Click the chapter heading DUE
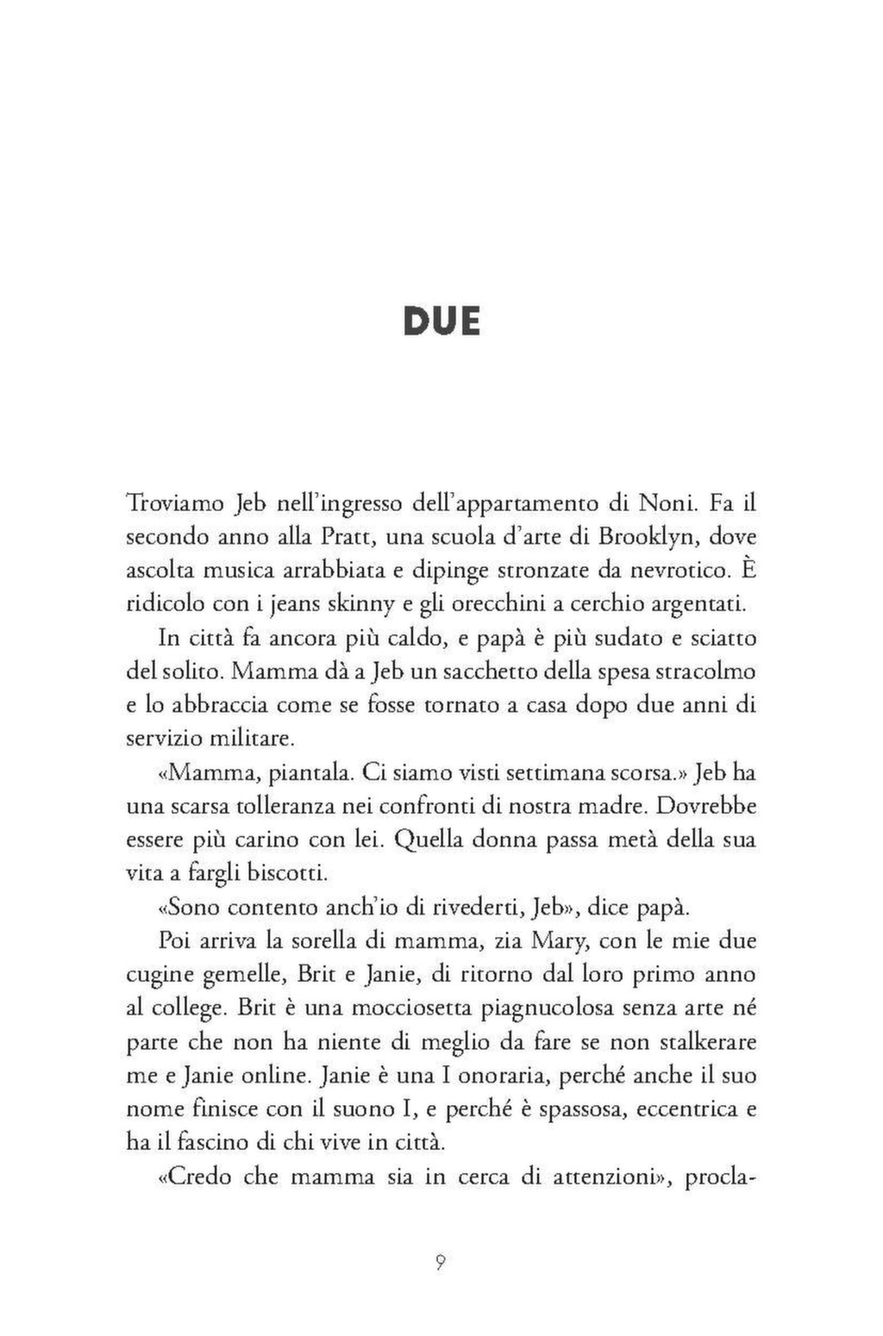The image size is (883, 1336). click(x=441, y=322)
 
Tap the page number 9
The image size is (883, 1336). click(x=440, y=1264)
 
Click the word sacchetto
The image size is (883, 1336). click(x=463, y=671)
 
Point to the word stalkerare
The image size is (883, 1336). click(x=707, y=1041)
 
